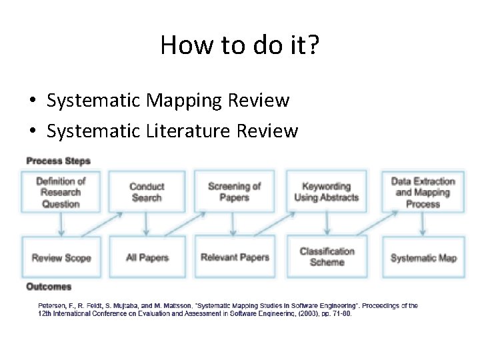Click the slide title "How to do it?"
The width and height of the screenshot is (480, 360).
coord(239,45)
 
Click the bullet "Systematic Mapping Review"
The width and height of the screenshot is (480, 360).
coord(168,101)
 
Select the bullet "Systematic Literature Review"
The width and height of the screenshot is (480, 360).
coord(172,131)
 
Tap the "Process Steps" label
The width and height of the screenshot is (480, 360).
coord(58,161)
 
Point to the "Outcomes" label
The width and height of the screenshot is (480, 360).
coord(49,287)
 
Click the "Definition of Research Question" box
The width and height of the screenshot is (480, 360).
coord(61,192)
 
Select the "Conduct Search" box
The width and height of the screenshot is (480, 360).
coord(147,192)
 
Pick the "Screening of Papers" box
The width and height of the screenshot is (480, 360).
coord(234,192)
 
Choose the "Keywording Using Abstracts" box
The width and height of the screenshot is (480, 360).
coord(327,192)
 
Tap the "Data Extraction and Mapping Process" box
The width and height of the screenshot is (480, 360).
coord(423,192)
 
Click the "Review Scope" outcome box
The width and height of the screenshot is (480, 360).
coord(61,257)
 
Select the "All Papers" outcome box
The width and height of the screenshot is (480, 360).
coord(147,257)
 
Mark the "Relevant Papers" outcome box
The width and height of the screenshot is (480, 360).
coord(235,257)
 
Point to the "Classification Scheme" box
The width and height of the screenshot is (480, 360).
coord(327,257)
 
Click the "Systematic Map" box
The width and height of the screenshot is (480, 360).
coord(423,257)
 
